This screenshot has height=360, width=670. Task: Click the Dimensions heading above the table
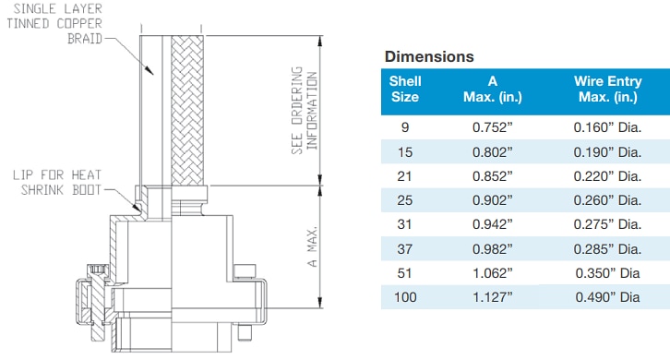click(429, 56)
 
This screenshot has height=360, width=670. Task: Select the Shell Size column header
click(404, 89)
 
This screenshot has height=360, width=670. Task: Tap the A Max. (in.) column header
click(493, 89)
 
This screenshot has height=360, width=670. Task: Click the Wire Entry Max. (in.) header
click(606, 89)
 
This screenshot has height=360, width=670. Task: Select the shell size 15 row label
click(404, 149)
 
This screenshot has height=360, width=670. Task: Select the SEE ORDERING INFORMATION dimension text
click(304, 111)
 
